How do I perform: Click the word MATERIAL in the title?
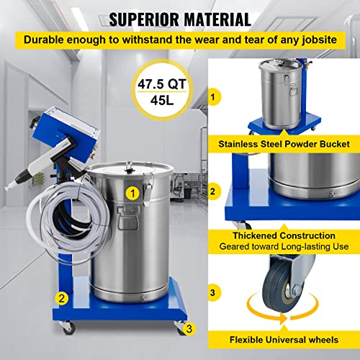pyautogui.click(x=210, y=19)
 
